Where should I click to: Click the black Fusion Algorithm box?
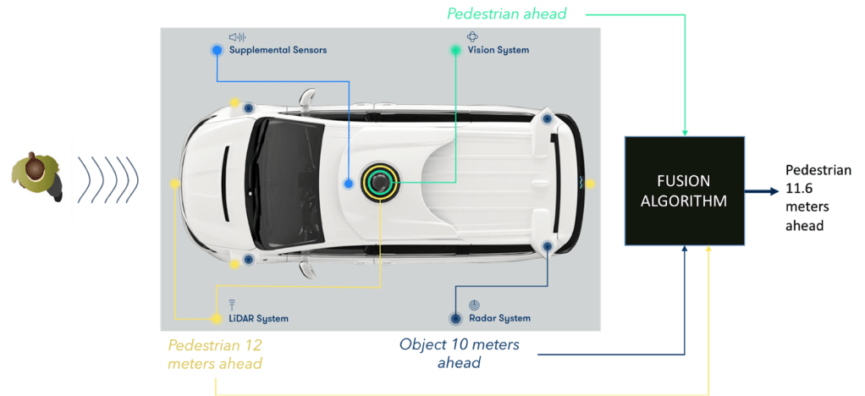coord(684,190)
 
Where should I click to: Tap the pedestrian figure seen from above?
coord(36,179)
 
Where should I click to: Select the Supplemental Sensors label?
coord(278,50)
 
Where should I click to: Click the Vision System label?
coord(499,50)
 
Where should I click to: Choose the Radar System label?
coord(499,319)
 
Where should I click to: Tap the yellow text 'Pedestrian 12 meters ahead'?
coord(215,355)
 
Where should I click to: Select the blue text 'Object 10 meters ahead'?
coord(459,353)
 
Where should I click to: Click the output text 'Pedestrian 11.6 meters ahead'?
coord(818,198)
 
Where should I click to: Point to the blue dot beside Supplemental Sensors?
coord(217,50)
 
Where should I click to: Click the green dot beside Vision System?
coord(455,50)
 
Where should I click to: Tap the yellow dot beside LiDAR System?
coord(215,319)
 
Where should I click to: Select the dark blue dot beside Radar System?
coord(455,319)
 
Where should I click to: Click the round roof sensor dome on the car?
coord(382,181)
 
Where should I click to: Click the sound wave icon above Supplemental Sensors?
coord(237,37)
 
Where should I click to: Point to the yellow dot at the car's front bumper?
coord(175,183)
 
